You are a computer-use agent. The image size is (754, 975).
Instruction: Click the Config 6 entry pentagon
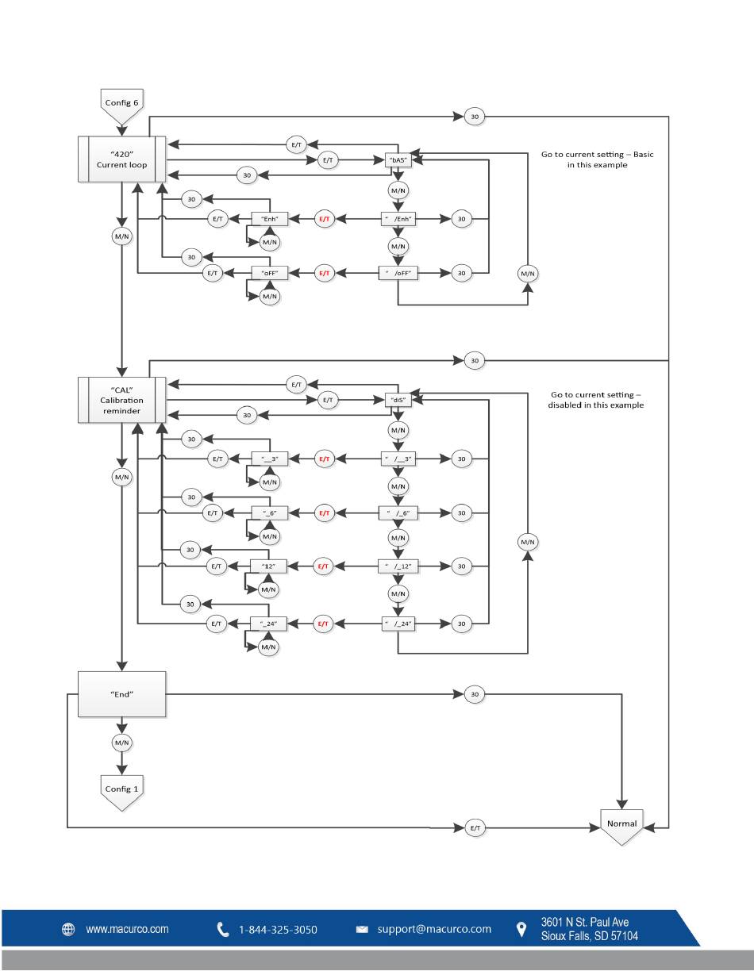pos(121,106)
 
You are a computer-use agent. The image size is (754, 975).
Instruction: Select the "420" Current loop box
pos(121,159)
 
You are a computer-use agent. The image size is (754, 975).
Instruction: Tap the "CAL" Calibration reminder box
pos(121,400)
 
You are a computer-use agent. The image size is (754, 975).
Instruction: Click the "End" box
pos(121,694)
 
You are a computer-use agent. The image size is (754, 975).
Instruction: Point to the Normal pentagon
pos(621,827)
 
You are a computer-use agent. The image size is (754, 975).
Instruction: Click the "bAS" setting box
pos(398,159)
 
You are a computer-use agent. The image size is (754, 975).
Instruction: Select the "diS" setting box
pos(398,400)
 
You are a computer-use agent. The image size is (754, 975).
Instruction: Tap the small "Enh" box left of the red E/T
pos(270,219)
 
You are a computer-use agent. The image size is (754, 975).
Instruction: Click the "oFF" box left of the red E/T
pos(270,273)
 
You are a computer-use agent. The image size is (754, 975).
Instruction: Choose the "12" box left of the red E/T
pos(268,566)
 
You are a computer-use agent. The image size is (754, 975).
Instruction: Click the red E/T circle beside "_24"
pos(323,624)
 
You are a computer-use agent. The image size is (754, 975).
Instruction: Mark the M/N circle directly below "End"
pos(122,743)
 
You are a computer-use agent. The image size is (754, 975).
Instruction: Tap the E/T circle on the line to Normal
pos(475,827)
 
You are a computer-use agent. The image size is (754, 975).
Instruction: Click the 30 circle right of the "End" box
pos(475,694)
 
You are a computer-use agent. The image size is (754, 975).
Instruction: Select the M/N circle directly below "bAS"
pos(398,190)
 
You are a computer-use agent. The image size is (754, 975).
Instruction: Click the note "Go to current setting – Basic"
pos(597,155)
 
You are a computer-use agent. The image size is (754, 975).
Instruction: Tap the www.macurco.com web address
pos(128,929)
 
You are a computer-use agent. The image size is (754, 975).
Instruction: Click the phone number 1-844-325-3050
pos(278,929)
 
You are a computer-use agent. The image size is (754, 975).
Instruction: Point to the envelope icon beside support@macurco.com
pos(362,929)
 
